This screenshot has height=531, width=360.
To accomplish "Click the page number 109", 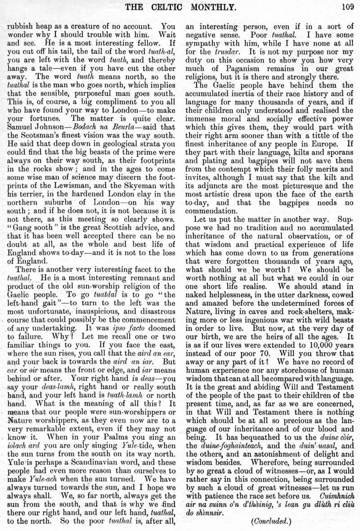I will pyautogui.click(x=348, y=6).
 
